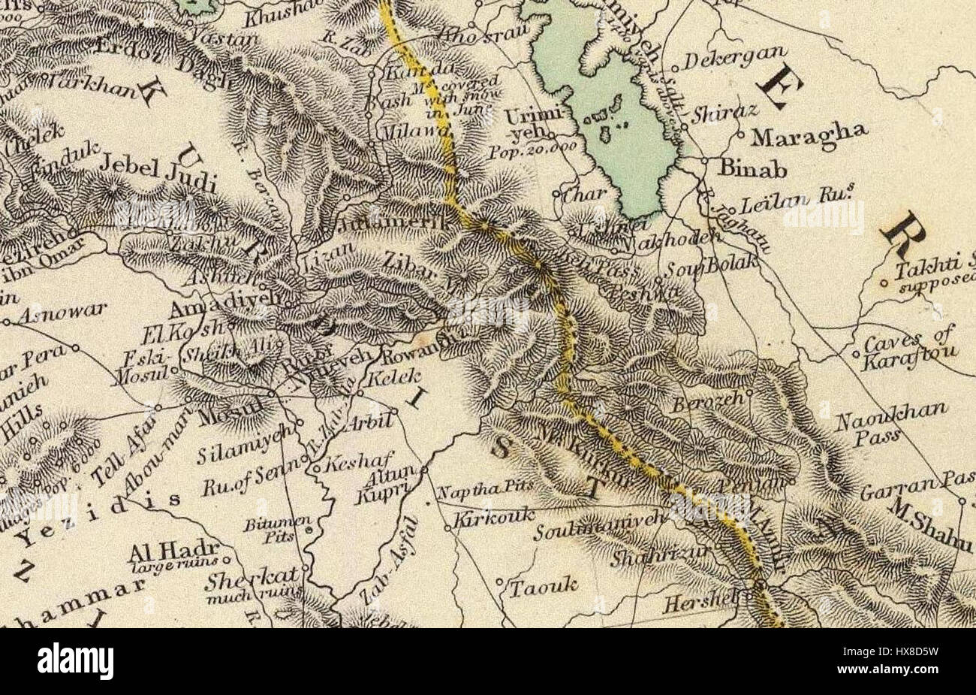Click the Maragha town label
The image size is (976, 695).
point(809,135)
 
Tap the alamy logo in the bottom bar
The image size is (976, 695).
point(76,661)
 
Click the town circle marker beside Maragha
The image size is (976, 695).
point(740,136)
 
